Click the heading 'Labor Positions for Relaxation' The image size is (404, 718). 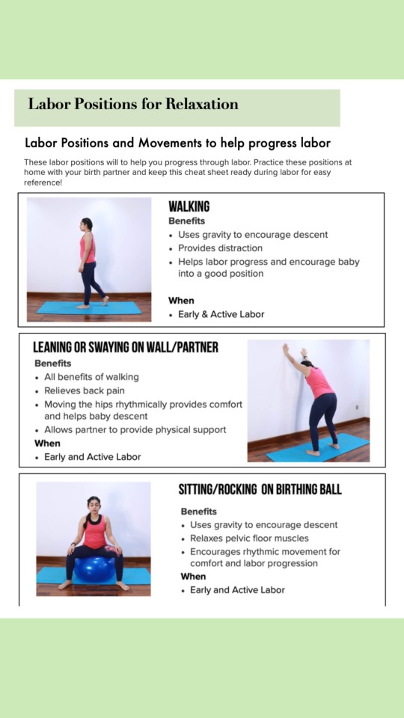pos(133,104)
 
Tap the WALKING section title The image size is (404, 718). pos(189,207)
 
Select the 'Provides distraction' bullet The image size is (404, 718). pos(220,248)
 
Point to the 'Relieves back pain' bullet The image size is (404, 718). pos(85,390)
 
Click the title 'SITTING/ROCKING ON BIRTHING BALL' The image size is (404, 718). pos(260,489)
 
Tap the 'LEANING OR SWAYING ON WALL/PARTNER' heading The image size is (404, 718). pos(126,348)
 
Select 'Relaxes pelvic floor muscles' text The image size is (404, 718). pos(249,538)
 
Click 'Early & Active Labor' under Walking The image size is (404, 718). pos(221,315)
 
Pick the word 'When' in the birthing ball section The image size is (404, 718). pos(193,577)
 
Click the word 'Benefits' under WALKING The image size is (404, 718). pos(186,221)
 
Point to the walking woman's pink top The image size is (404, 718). pos(88,248)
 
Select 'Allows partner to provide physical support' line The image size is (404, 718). pos(135,430)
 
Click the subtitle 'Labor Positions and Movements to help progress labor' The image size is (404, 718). pos(178,143)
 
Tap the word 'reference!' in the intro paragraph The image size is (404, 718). pos(43,182)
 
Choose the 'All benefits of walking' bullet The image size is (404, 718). pos(91,377)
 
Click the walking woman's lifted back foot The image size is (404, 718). pos(105,301)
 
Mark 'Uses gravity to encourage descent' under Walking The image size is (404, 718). pos(253,235)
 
